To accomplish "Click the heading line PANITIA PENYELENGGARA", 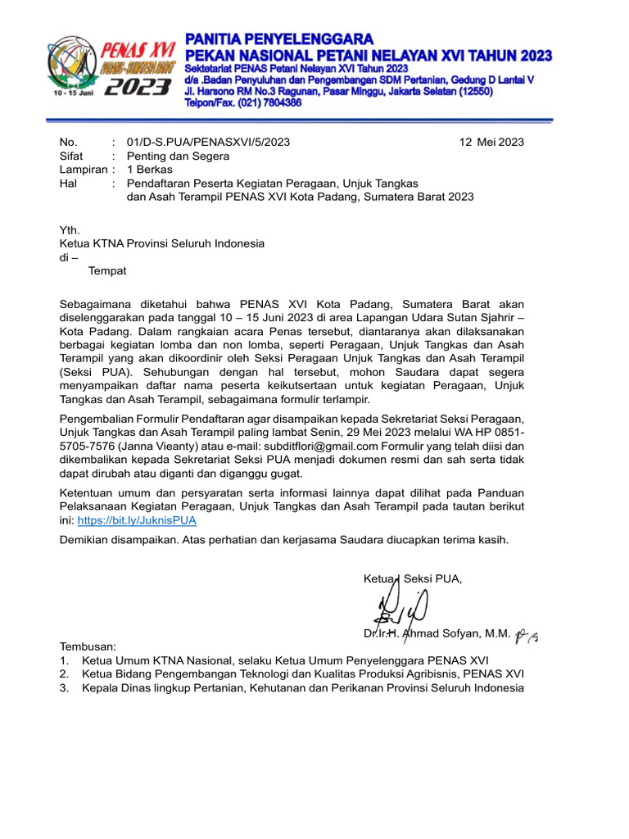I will (279, 39).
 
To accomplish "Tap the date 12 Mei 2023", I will (491, 142).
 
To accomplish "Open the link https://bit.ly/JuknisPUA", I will (137, 519).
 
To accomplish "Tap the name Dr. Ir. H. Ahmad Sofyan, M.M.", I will (437, 633).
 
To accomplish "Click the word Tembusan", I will (88, 646).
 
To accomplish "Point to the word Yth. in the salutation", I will (70, 229).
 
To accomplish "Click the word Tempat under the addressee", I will (107, 270).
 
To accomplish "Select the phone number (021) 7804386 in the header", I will (242, 103).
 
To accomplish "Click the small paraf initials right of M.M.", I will (528, 634).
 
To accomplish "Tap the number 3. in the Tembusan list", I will (65, 687).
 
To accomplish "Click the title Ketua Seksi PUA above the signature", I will (413, 579).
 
